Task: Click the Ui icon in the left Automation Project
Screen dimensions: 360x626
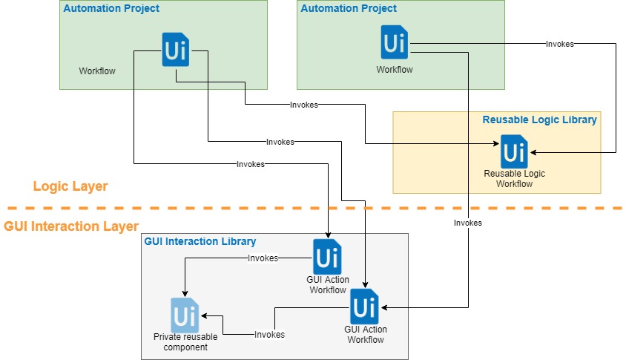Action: [175, 50]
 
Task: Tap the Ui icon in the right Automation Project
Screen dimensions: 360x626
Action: [394, 42]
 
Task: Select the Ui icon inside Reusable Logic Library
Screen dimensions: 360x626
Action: [513, 151]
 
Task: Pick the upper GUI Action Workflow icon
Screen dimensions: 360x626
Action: [327, 257]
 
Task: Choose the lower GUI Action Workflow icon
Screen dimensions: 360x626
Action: [363, 307]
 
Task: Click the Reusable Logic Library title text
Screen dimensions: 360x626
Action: [539, 120]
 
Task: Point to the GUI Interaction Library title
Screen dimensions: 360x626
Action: [200, 241]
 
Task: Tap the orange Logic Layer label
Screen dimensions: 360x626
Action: [70, 186]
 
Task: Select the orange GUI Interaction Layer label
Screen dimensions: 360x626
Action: [71, 226]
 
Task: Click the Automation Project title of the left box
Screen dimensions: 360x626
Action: [111, 9]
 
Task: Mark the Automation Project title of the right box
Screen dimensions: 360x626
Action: [349, 9]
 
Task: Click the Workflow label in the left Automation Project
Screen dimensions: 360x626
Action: [97, 71]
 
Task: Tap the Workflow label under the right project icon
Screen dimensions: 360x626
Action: [395, 70]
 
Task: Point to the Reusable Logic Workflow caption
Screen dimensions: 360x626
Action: [514, 179]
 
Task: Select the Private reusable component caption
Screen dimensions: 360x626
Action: [185, 342]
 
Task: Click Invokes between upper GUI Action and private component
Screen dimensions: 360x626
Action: [263, 258]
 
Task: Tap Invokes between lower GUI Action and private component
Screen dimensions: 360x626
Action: [269, 335]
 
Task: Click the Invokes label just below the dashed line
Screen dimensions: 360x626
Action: [467, 223]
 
